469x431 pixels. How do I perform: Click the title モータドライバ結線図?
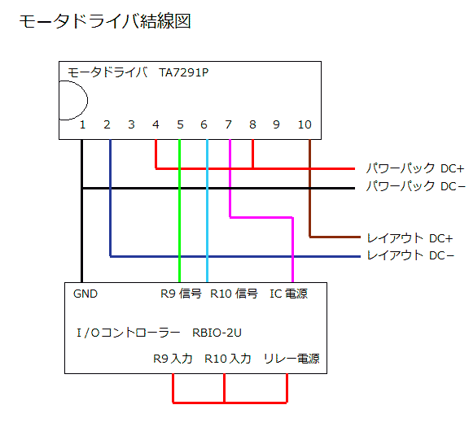[x=105, y=21]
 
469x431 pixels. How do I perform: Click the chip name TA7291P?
[x=184, y=72]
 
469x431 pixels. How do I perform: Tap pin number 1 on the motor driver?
[x=82, y=124]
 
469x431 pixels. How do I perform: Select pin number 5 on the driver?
[x=180, y=124]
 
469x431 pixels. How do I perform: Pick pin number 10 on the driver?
[x=305, y=124]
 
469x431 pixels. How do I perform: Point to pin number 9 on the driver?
[x=276, y=124]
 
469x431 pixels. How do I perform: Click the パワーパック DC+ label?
[x=415, y=168]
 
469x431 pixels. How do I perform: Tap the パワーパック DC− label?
[x=416, y=186]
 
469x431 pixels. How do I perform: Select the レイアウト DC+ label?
[x=410, y=238]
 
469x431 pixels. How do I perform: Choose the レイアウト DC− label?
[x=410, y=255]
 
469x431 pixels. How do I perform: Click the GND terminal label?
[x=85, y=294]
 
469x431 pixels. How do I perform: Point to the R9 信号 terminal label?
[x=181, y=294]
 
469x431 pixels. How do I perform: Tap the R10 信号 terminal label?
[x=234, y=294]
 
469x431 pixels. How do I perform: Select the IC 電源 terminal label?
[x=288, y=294]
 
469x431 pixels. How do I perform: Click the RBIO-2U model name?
[x=217, y=333]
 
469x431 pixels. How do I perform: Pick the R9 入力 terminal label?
[x=173, y=359]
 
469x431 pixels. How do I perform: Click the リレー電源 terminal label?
[x=291, y=359]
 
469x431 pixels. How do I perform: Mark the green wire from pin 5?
[x=179, y=211]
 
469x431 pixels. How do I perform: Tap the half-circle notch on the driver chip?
[x=87, y=100]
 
